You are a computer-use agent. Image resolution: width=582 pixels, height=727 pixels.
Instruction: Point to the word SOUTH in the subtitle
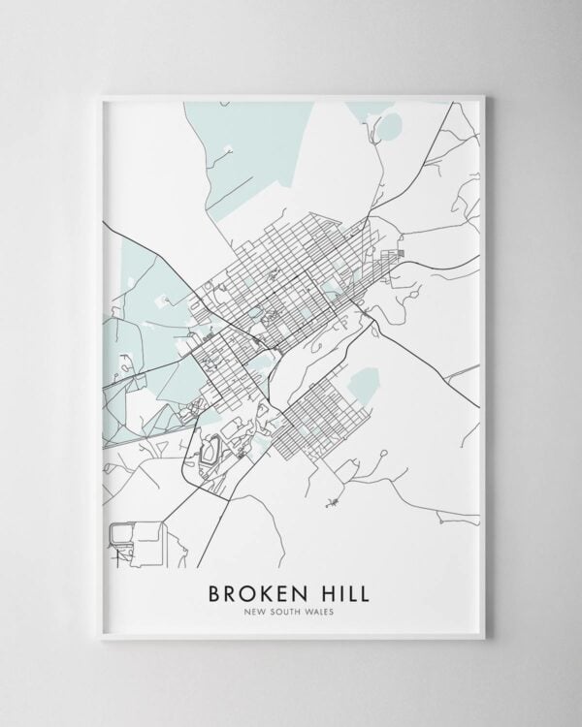[288, 611]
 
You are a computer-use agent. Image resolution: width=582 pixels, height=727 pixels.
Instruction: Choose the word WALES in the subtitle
[322, 611]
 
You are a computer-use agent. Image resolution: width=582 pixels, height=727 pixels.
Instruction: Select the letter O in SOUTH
[280, 611]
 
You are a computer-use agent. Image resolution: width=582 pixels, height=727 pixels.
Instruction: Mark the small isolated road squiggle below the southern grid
[333, 501]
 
